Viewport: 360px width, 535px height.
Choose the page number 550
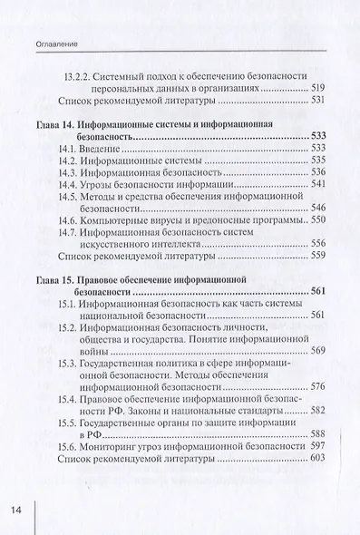[316, 220]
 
